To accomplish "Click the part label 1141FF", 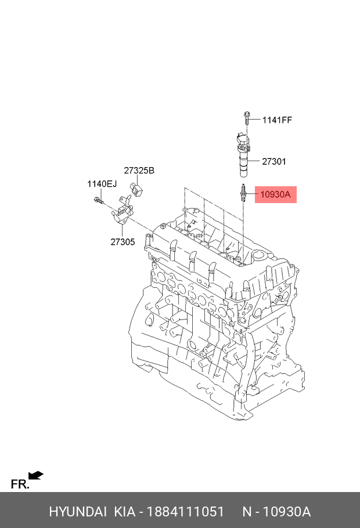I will (x=277, y=120).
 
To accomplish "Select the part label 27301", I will (x=273, y=162).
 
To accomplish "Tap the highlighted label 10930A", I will (x=275, y=195).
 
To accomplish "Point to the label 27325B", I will (x=139, y=171).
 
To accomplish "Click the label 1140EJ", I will (x=102, y=184).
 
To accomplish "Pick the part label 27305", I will (x=123, y=241).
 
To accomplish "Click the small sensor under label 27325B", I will (x=138, y=189).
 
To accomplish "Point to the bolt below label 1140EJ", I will (x=98, y=202).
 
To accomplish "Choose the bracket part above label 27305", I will (x=121, y=216).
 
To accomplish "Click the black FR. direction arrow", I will (x=36, y=476).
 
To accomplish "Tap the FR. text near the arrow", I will (x=20, y=484).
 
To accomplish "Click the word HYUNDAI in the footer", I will (x=77, y=512).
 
